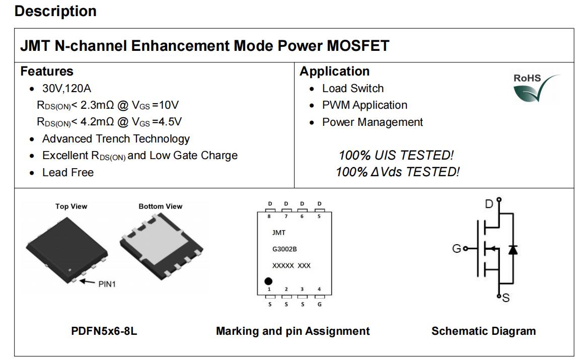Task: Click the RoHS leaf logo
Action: coord(536,88)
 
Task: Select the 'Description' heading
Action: coord(55,11)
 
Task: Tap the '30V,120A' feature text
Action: coord(66,89)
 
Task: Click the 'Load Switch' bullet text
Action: coord(353,89)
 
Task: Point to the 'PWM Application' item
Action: coord(365,105)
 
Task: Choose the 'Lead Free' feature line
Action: coord(68,172)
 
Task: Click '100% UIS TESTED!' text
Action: coord(396,155)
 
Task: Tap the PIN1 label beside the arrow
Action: coord(107,284)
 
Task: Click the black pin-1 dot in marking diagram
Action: coord(268,281)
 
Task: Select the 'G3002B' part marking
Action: coord(284,249)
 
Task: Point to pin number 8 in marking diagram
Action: coord(269,217)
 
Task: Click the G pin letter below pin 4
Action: coord(320,304)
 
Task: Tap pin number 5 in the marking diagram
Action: coord(319,217)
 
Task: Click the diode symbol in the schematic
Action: coord(513,250)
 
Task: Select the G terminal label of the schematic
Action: coord(457,248)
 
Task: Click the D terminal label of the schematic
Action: coord(489,204)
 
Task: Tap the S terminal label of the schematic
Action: coord(506,298)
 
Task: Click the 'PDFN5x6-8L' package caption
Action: coord(104,331)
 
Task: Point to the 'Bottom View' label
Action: coord(161,206)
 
